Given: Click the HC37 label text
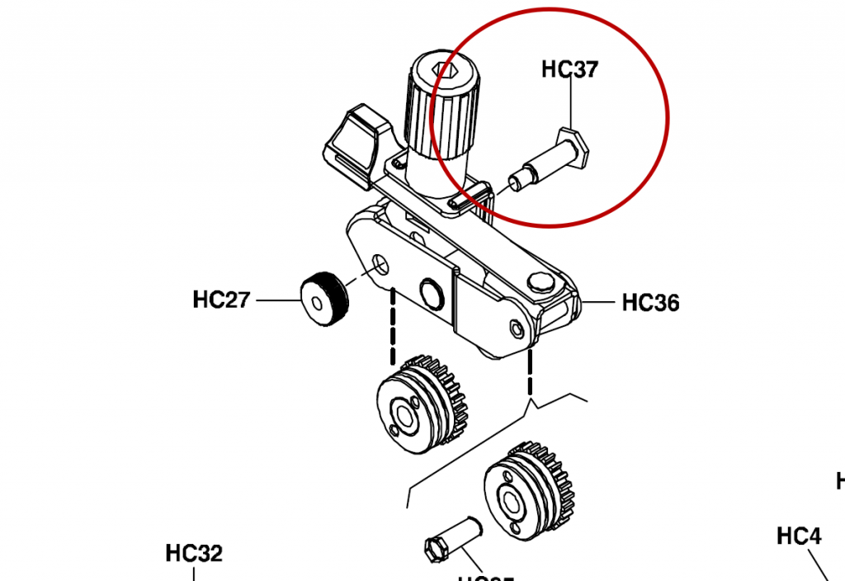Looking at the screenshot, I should [569, 69].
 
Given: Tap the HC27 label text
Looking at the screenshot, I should [221, 299].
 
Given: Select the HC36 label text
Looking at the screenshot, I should [650, 303].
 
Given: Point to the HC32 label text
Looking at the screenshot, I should [194, 553].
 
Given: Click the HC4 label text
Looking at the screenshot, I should [799, 536].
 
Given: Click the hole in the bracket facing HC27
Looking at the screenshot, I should [380, 264].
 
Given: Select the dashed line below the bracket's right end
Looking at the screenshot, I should [530, 371].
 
